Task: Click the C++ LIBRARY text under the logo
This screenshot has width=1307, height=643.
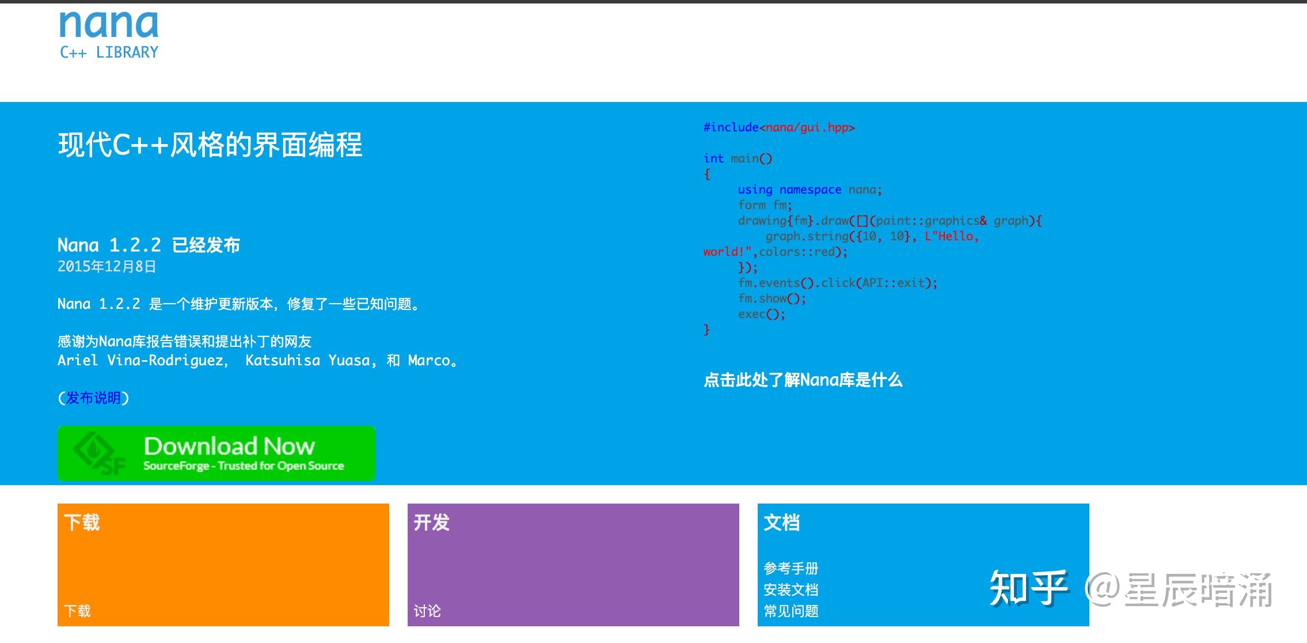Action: pos(109,52)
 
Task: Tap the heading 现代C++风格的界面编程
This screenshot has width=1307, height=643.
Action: pos(210,145)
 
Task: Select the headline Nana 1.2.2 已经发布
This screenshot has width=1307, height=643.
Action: pos(149,245)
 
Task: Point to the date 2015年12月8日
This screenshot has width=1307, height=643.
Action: pos(107,267)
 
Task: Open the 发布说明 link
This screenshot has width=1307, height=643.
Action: pos(93,398)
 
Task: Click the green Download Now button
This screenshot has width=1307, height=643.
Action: pos(216,453)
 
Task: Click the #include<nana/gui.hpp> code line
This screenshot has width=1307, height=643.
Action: pos(779,127)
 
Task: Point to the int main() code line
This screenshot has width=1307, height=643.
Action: pos(738,158)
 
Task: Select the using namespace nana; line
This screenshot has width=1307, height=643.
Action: pos(810,190)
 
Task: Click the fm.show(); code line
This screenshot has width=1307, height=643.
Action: pos(772,298)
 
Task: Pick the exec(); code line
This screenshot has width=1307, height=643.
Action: pos(761,314)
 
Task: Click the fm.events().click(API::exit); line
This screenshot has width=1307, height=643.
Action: pos(838,283)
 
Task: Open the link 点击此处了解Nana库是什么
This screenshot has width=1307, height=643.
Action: pos(803,380)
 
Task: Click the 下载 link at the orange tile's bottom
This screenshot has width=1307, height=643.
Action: pos(77,611)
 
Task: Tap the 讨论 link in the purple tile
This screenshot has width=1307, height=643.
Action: pos(427,611)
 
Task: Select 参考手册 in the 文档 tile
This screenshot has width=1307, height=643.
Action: pos(791,569)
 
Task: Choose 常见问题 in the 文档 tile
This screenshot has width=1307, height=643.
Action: pos(791,611)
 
